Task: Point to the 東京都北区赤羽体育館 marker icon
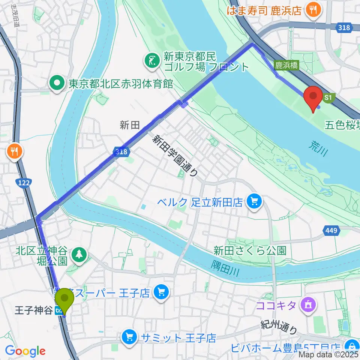(x=58, y=83)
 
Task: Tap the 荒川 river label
(x=320, y=147)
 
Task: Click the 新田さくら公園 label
(x=250, y=250)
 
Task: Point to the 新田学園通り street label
(x=175, y=155)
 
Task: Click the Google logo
(x=25, y=351)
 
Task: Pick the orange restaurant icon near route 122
(x=15, y=151)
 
